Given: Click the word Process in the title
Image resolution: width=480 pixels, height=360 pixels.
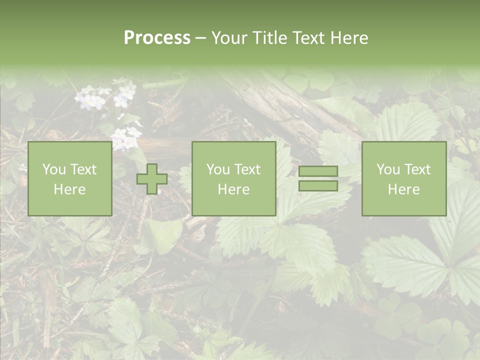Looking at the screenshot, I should click(157, 38).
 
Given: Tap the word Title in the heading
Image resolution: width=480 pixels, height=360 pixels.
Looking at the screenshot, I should click(271, 38).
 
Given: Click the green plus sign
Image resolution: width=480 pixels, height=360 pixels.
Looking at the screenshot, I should click(152, 179).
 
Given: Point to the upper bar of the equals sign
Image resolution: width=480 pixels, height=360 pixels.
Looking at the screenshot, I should click(318, 171).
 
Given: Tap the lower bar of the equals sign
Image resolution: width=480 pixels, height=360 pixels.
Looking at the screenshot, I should click(318, 185).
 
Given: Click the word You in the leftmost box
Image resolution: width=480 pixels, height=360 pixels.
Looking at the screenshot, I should click(54, 169).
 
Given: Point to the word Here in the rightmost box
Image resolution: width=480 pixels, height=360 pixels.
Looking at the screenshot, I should click(403, 189).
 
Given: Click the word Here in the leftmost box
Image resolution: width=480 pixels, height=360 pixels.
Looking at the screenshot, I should click(69, 189).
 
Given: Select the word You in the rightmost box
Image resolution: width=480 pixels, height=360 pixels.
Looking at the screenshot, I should click(388, 169).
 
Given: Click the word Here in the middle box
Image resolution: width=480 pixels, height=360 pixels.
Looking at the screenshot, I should click(233, 189).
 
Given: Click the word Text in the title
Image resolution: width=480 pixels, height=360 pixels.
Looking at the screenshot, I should click(310, 38).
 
